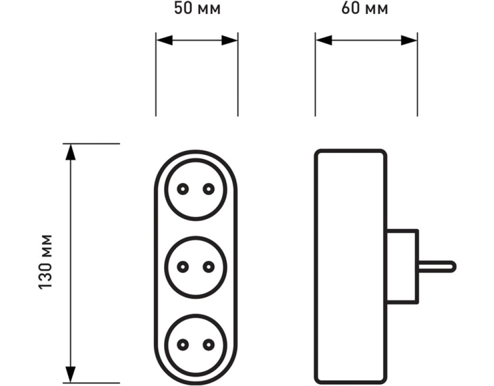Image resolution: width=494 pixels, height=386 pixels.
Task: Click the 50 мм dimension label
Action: point(197,9)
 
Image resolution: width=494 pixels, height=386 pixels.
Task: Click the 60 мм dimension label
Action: point(365,9)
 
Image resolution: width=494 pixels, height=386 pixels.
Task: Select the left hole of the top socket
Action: point(183,189)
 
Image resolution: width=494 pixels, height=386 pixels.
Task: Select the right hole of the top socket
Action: point(208,189)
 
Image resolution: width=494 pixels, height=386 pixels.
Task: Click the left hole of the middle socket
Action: point(183,267)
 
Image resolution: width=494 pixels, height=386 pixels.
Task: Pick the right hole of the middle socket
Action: point(208,267)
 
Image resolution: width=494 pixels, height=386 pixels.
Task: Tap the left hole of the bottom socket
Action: point(183,345)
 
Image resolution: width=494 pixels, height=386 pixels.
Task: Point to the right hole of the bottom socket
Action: point(208,345)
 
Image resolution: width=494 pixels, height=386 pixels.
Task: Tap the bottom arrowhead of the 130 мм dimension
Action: point(71,374)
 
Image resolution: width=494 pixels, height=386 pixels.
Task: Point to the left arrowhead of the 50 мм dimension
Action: point(165,41)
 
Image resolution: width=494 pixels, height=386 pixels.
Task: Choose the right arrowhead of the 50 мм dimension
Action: point(229,41)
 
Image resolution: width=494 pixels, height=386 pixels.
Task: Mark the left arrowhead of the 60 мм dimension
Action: point(324,41)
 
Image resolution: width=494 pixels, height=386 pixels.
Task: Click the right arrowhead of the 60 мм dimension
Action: point(409,41)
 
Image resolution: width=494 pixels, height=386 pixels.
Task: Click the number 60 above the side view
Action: point(350,9)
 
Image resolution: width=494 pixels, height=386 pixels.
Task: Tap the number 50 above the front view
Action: point(183,9)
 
